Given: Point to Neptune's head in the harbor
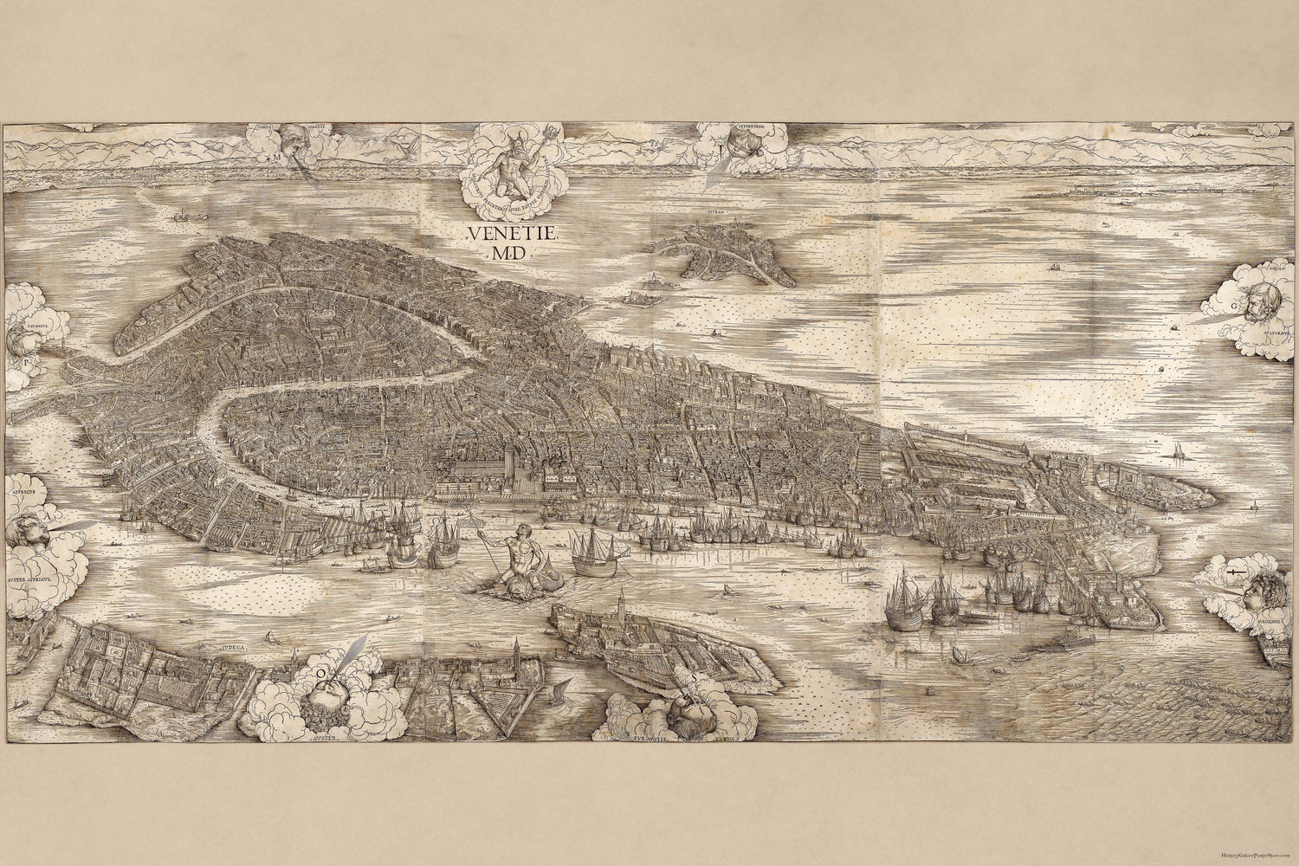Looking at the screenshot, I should (x=520, y=533).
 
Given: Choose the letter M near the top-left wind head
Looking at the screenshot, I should (x=275, y=159).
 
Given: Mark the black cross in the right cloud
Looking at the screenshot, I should (x=1234, y=575).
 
